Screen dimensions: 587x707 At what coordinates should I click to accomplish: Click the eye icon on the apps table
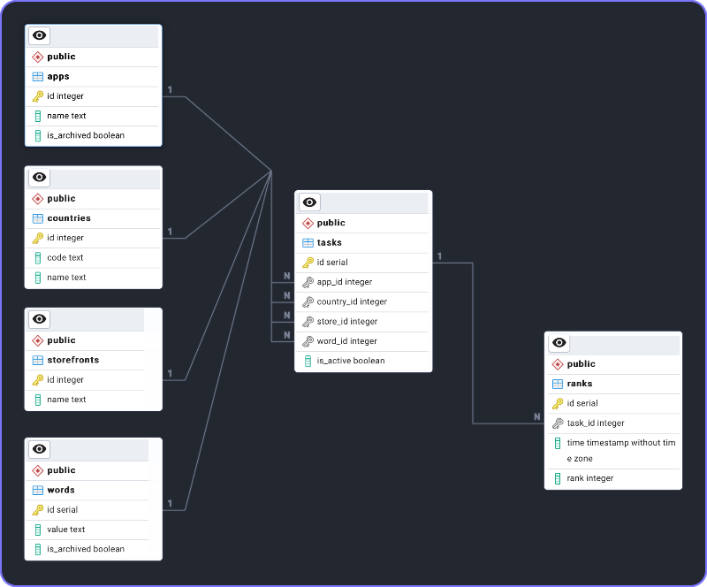click(x=39, y=35)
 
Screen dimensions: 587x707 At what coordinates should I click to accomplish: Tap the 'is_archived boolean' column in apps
click(x=85, y=135)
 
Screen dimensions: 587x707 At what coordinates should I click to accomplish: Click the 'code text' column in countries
click(x=65, y=257)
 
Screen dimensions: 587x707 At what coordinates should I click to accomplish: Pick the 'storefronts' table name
click(x=72, y=360)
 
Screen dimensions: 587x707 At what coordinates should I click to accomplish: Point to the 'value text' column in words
click(x=65, y=530)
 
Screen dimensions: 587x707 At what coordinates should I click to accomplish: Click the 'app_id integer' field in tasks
click(x=344, y=282)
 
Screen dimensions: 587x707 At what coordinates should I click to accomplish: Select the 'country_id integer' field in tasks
click(x=352, y=301)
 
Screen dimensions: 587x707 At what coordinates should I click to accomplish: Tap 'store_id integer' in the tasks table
click(x=346, y=322)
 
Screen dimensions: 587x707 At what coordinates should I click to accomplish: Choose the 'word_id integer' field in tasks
click(x=346, y=341)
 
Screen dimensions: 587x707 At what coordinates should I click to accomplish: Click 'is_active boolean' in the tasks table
click(x=350, y=361)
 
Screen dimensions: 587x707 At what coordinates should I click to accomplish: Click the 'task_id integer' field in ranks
click(x=595, y=423)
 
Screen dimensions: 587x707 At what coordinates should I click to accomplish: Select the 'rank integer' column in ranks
click(x=589, y=478)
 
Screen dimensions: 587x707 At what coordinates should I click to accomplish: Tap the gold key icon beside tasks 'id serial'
click(x=308, y=263)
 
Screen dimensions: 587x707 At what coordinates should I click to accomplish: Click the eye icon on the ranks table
click(x=559, y=343)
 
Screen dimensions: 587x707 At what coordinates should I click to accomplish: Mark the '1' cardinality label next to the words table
click(x=170, y=503)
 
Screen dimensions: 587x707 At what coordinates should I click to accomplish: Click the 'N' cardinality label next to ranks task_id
click(x=536, y=416)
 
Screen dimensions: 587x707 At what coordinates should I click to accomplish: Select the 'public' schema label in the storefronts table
click(x=61, y=340)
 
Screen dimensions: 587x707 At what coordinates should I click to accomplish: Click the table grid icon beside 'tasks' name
click(x=308, y=243)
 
